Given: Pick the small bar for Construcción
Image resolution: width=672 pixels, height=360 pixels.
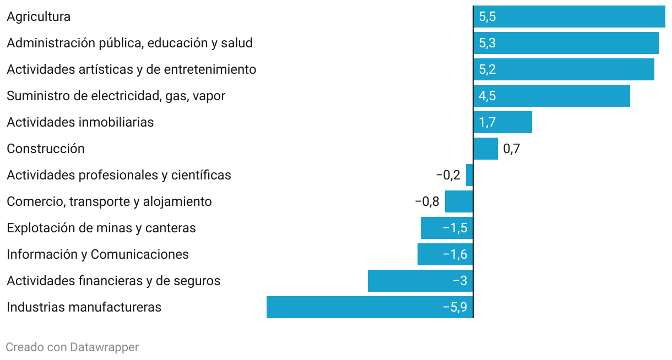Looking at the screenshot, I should click(x=485, y=149).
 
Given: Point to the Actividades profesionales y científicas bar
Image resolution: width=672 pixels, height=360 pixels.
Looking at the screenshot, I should click(x=469, y=175).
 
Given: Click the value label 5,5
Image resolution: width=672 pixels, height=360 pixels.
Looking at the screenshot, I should click(x=487, y=17).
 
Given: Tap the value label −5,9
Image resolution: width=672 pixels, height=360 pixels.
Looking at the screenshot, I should click(x=455, y=307).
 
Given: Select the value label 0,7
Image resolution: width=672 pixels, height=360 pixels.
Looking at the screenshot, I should click(x=512, y=149).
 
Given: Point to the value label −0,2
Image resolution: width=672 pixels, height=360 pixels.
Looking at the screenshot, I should click(x=448, y=175).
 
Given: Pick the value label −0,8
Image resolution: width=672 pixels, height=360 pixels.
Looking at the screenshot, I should click(x=427, y=201).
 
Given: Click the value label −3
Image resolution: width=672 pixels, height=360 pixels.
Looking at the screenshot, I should click(x=460, y=281).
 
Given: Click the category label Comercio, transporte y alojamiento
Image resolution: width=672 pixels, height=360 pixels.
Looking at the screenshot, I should click(x=109, y=201).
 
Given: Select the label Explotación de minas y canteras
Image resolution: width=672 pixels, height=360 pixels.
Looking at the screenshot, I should click(x=101, y=228).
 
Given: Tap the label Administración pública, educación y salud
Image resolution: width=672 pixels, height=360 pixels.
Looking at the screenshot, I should click(x=129, y=43).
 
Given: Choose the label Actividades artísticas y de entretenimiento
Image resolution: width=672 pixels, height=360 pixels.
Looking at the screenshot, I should click(x=132, y=69).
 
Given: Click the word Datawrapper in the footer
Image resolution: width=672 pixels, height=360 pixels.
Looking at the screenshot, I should click(x=105, y=347).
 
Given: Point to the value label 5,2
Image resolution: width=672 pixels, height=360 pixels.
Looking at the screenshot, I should click(x=487, y=69).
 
